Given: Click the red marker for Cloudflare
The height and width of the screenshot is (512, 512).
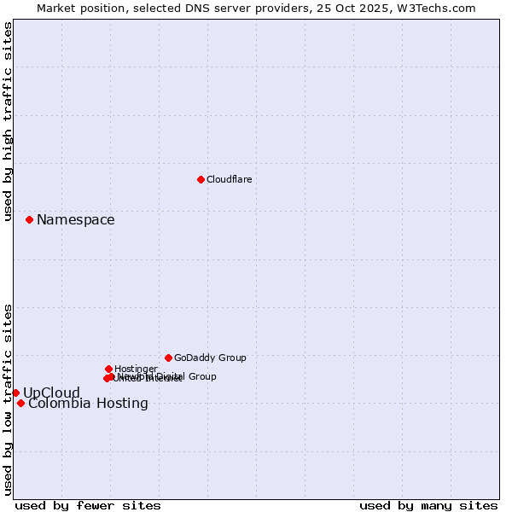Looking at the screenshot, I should [x=201, y=179].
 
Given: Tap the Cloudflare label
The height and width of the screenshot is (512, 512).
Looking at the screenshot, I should [x=229, y=179].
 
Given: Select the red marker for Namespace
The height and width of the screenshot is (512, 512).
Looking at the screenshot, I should [x=29, y=219].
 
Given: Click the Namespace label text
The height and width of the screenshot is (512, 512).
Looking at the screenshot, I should [x=75, y=220].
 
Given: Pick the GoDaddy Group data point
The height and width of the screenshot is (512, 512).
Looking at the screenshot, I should [x=168, y=358].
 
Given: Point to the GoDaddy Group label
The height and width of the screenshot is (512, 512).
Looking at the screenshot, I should [x=210, y=358].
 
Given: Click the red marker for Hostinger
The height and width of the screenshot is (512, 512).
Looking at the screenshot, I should [x=108, y=369].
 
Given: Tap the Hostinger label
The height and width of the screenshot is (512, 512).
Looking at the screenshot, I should [x=136, y=369].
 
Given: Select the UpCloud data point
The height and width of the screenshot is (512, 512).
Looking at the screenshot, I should [x=15, y=393].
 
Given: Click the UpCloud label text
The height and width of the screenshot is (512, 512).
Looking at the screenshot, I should [x=51, y=393].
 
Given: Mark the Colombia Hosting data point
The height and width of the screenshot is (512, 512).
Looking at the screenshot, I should [x=20, y=403].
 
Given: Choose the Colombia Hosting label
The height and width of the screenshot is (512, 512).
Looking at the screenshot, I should [x=88, y=404].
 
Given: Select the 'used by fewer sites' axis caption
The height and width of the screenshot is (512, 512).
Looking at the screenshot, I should [x=88, y=505].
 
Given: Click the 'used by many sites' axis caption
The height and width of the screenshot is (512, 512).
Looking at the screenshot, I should [x=428, y=505].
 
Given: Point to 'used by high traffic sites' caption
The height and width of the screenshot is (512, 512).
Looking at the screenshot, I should [x=8, y=122].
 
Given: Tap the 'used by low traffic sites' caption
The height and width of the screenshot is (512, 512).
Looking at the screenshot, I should [x=8, y=399].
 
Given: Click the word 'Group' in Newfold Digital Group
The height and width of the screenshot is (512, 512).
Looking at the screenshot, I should [x=201, y=376].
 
